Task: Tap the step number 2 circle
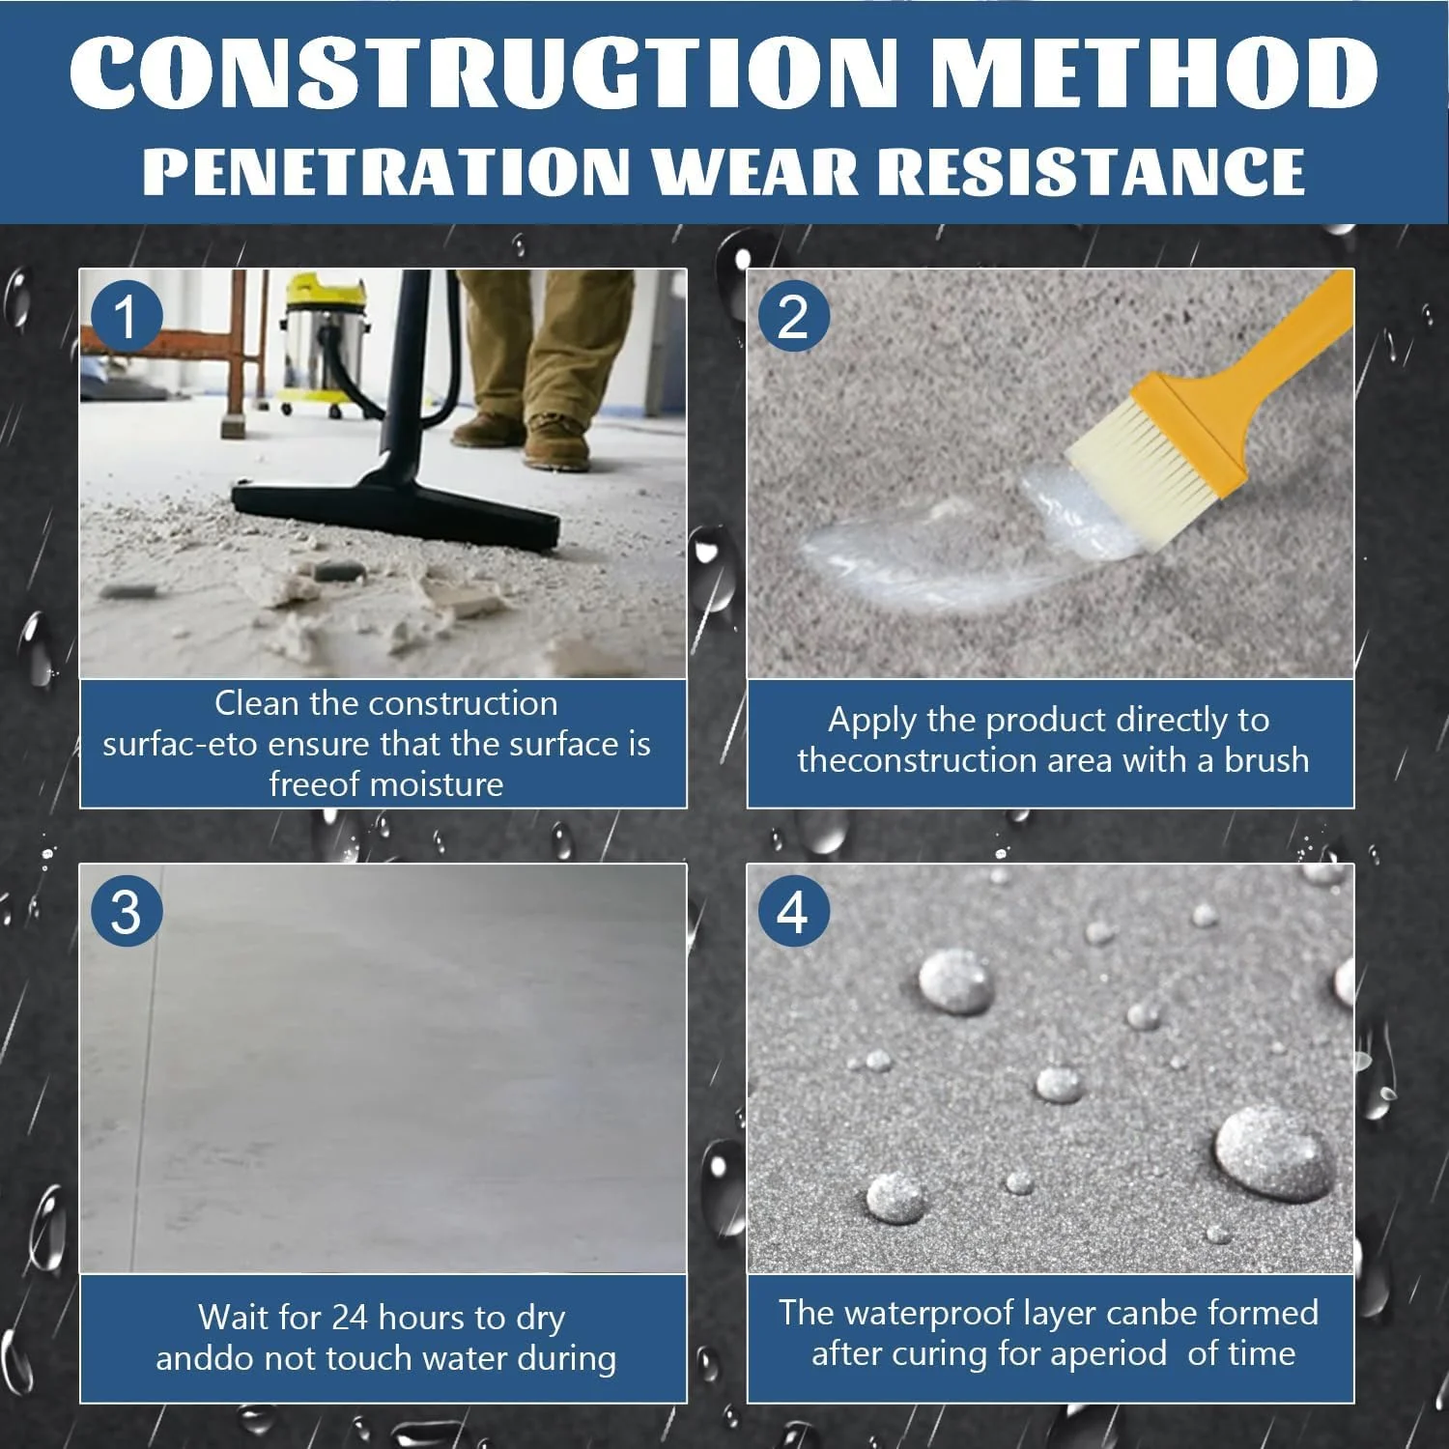(793, 316)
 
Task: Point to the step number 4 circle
(793, 911)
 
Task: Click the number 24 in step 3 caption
(350, 1317)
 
